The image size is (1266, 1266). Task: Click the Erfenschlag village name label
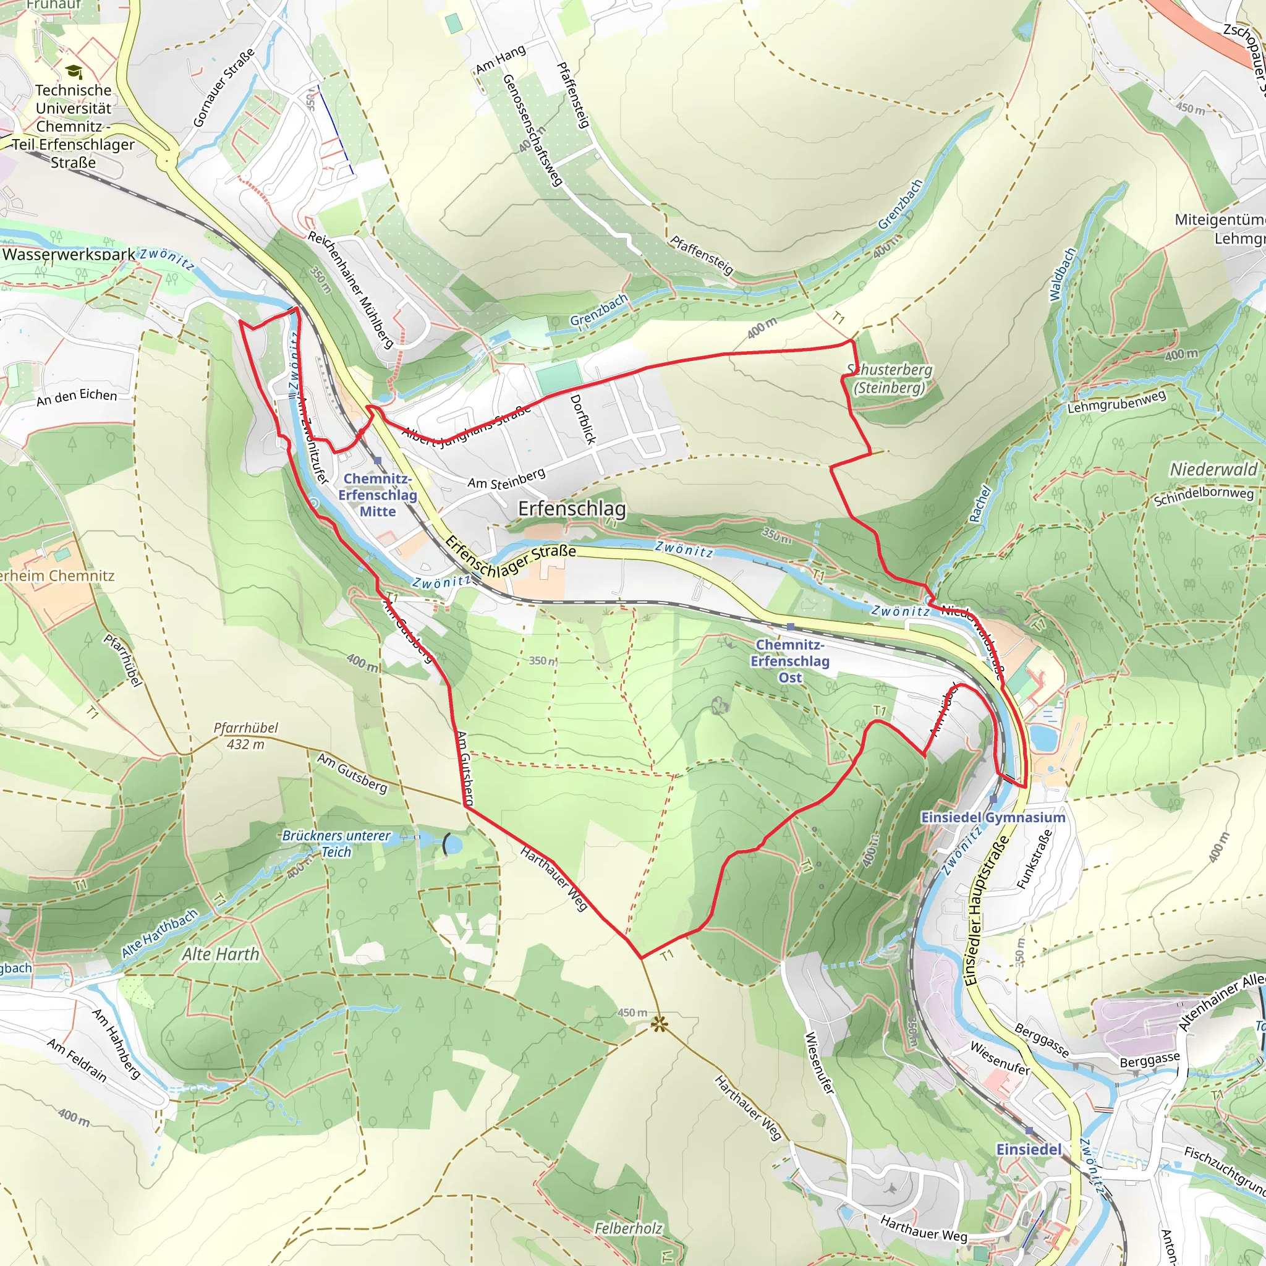point(571,509)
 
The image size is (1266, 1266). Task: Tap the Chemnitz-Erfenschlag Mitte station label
point(378,495)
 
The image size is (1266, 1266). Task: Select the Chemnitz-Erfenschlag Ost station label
point(789,661)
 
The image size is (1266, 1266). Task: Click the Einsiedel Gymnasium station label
point(993,817)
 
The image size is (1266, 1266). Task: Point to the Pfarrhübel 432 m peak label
point(246,736)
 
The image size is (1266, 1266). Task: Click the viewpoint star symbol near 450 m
point(658,1024)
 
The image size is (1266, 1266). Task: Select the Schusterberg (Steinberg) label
point(889,379)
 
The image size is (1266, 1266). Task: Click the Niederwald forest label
point(1213,469)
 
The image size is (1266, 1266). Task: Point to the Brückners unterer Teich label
point(336,843)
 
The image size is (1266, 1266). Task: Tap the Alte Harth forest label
point(221,954)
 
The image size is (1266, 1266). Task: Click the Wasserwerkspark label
point(69,254)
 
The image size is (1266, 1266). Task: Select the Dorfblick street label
point(582,419)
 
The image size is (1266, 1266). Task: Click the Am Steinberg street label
point(506,478)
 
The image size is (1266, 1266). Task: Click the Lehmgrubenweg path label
point(1116,402)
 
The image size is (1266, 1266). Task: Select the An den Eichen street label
point(77,397)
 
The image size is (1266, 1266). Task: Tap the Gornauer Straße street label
point(223,87)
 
